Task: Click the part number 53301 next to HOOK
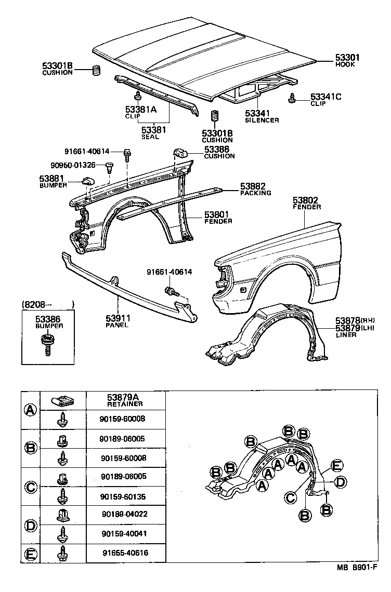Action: pos(347,58)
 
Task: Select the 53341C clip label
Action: pos(325,97)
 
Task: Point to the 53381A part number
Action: pos(140,110)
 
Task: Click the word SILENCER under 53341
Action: pos(262,120)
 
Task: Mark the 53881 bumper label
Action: pos(51,178)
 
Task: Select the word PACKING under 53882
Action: pos(255,193)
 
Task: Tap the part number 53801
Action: pos(217,214)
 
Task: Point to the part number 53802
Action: pos(305,200)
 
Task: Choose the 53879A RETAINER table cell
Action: pos(125,400)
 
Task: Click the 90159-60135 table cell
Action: pos(124,496)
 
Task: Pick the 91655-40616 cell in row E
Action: pos(124,553)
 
